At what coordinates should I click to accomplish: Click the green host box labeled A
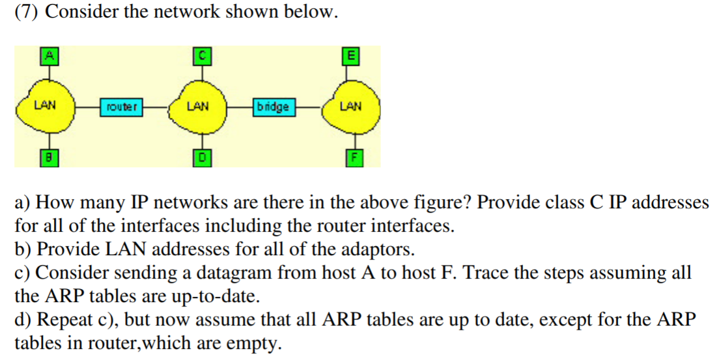47,55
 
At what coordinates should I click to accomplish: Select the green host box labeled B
47,156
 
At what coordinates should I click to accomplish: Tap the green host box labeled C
201,55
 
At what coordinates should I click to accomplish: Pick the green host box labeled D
201,157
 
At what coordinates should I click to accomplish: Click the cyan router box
121,106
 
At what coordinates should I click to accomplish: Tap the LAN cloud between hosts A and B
46,105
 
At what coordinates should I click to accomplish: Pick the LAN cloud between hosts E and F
350,106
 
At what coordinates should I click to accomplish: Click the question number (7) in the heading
27,13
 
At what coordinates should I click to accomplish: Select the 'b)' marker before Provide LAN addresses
23,249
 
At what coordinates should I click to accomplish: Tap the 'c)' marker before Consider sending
22,273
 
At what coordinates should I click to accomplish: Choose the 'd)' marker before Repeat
23,319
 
